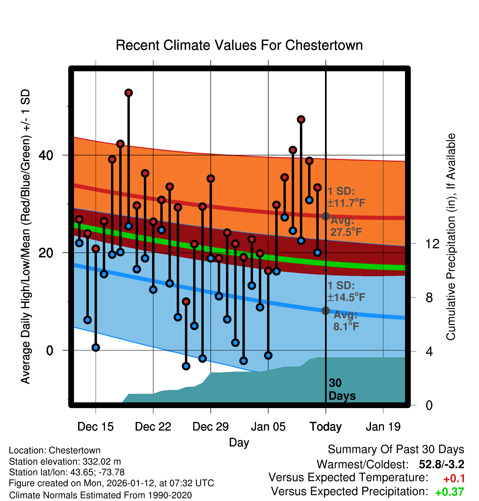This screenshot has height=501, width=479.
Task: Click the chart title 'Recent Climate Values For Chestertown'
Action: [x=239, y=45]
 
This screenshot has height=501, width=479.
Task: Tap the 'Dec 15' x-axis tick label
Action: [x=95, y=427]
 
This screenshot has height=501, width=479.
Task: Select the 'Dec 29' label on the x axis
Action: [x=210, y=427]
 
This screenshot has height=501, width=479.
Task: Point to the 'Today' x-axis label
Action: [x=326, y=427]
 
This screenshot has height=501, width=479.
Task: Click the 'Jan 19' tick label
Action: [x=383, y=427]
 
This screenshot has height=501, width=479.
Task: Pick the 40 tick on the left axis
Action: [x=46, y=155]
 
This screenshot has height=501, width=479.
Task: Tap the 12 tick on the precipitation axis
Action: [x=432, y=244]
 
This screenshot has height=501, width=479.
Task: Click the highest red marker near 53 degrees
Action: [x=129, y=93]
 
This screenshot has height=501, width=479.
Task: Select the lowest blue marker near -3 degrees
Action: [x=186, y=366]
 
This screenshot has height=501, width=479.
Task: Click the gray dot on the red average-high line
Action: [x=326, y=216]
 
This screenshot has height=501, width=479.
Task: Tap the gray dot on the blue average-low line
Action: [x=326, y=311]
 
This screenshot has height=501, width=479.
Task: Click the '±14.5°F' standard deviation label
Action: [x=346, y=297]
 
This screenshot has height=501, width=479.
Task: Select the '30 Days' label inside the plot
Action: [x=341, y=389]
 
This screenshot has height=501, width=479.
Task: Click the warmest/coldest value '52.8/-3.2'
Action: [x=441, y=464]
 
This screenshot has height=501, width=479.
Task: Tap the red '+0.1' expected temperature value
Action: [x=454, y=479]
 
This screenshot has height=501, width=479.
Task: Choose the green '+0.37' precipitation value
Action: [x=450, y=492]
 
